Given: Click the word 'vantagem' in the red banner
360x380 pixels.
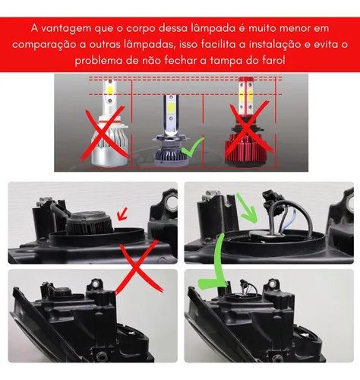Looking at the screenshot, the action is pos(66,29).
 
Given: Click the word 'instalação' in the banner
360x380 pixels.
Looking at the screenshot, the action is pos(275,45).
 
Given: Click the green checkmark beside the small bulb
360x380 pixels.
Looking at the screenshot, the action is pos(192,147).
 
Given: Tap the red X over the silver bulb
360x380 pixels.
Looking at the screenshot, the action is pos(104,134).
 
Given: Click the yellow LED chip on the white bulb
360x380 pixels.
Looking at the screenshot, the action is pos(110,90).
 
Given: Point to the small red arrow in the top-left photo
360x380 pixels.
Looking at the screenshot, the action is pos(122,214).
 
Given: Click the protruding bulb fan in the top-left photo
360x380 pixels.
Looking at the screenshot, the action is pos(90,223).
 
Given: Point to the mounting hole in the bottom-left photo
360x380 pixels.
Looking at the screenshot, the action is pos(96,284).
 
